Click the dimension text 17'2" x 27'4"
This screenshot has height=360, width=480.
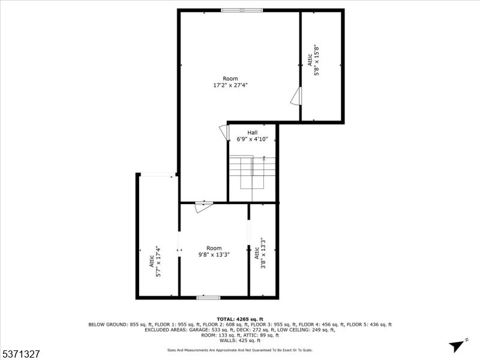pyautogui.click(x=230, y=86)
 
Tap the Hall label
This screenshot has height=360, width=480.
pyautogui.click(x=253, y=133)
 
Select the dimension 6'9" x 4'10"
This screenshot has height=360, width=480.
pyautogui.click(x=253, y=139)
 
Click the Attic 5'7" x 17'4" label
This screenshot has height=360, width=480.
pyautogui.click(x=155, y=262)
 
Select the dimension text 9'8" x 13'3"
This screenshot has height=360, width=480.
pyautogui.click(x=214, y=255)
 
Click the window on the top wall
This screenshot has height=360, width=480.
pyautogui.click(x=241, y=10)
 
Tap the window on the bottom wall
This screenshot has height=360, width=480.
pyautogui.click(x=208, y=297)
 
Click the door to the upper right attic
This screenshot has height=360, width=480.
pyautogui.click(x=296, y=97)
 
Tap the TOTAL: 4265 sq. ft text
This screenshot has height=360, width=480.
pyautogui.click(x=239, y=319)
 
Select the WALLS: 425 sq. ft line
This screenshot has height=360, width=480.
pyautogui.click(x=239, y=340)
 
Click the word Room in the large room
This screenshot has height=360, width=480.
pyautogui.click(x=230, y=79)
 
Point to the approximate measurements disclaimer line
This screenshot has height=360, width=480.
pyautogui.click(x=239, y=350)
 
